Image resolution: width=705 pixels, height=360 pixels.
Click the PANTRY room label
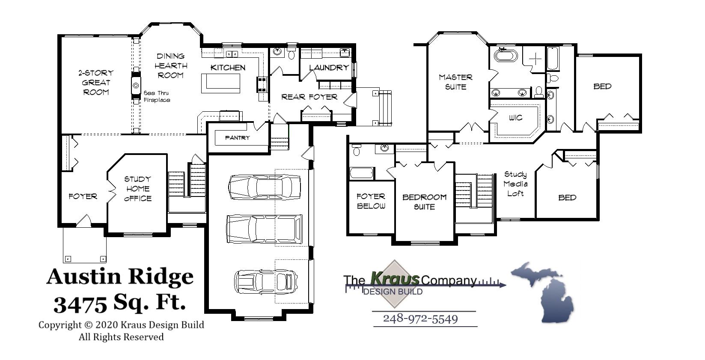(237, 138)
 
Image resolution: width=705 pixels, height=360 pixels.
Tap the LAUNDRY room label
(328, 68)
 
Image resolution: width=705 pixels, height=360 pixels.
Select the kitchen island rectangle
(221, 83)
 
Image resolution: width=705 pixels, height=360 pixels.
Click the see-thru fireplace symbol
(136, 85)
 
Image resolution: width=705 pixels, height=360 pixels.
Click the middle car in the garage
(264, 229)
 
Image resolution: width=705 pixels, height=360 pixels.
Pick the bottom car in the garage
(266, 281)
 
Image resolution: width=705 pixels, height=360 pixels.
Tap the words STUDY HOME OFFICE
(137, 189)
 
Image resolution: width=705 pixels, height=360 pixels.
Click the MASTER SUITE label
(455, 82)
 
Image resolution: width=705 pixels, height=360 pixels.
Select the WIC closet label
(515, 118)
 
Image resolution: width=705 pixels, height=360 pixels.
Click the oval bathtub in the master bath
(506, 56)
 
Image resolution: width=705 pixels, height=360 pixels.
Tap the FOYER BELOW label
(371, 201)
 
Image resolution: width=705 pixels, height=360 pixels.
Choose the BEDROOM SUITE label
(424, 202)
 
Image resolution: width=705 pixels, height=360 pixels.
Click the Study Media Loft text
(515, 184)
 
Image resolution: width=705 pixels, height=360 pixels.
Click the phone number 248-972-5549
(420, 319)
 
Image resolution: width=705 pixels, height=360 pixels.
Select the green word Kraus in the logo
(394, 279)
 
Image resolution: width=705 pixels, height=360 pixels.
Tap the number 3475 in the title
(80, 304)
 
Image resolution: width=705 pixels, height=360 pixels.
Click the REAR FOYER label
(309, 97)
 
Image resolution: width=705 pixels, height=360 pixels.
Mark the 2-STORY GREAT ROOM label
(96, 83)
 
